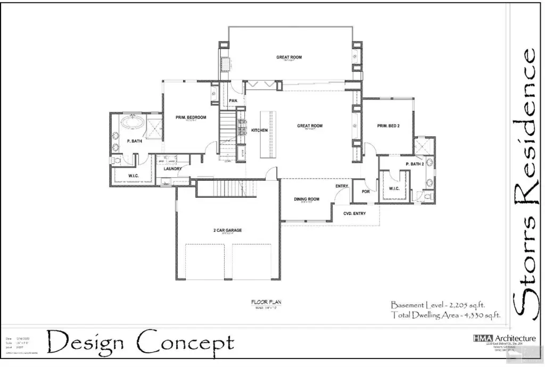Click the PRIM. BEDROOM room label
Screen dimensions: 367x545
click(x=191, y=117)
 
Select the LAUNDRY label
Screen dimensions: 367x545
click(x=173, y=169)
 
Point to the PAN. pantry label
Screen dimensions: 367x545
click(x=233, y=101)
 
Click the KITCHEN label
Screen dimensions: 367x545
click(x=259, y=130)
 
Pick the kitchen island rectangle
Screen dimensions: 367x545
click(x=268, y=134)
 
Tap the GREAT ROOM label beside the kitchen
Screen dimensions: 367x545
click(x=310, y=126)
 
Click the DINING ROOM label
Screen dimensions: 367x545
click(x=307, y=199)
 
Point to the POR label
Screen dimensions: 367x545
click(x=366, y=191)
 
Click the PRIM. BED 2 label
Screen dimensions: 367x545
click(x=388, y=126)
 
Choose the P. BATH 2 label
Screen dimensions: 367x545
click(x=415, y=164)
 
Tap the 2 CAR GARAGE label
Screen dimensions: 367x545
click(x=228, y=230)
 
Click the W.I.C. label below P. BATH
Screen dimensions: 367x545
click(x=134, y=176)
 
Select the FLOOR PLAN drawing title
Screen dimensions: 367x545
click(x=266, y=302)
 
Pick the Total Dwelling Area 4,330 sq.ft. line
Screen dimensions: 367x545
click(x=446, y=315)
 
